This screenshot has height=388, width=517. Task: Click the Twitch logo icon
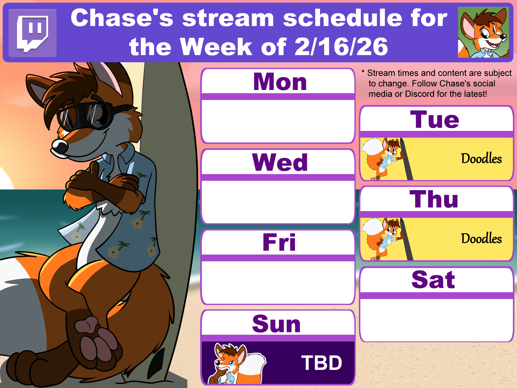click(x=33, y=33)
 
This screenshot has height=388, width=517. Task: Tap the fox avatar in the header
click(x=483, y=32)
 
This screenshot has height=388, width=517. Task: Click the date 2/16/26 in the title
click(x=341, y=47)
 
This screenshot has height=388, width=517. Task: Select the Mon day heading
click(x=280, y=81)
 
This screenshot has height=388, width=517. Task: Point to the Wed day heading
click(x=280, y=162)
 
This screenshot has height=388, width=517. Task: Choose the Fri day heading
click(x=279, y=242)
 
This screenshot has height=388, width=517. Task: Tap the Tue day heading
click(x=435, y=119)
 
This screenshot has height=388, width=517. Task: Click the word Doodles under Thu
click(x=481, y=238)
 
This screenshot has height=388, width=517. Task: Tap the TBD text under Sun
click(x=322, y=363)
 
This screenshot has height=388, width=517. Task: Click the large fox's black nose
click(x=60, y=146)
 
